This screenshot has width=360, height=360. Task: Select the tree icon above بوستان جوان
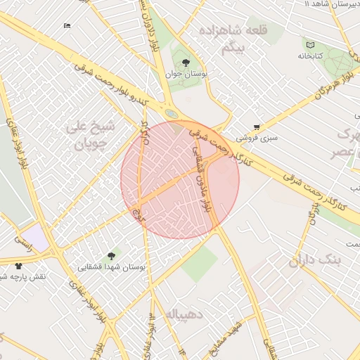(x=186, y=63)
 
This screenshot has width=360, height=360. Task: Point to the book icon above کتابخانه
(x=310, y=44)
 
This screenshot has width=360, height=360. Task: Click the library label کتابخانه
(x=310, y=56)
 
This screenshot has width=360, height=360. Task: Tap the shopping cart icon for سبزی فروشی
(x=257, y=127)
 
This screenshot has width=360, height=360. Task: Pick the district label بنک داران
(x=314, y=262)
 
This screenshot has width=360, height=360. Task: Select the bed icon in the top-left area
(x=67, y=26)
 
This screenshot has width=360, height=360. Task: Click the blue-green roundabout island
(x=171, y=112)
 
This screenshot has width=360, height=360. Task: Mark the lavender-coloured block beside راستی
(x=35, y=236)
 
